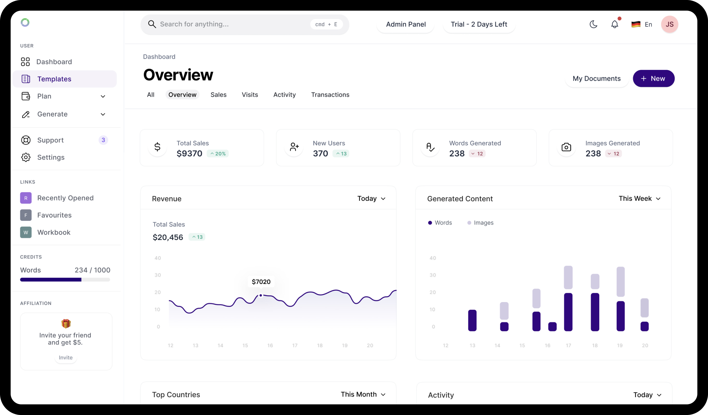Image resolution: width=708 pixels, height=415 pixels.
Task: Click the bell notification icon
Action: (615, 24)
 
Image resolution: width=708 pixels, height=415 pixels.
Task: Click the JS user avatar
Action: (669, 24)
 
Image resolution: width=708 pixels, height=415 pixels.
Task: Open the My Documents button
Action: (596, 79)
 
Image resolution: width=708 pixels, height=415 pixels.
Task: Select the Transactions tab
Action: (330, 95)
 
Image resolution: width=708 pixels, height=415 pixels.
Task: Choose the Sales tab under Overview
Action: (218, 95)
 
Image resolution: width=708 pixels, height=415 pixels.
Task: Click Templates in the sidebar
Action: (54, 79)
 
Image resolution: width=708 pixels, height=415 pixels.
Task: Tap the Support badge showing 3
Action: (103, 140)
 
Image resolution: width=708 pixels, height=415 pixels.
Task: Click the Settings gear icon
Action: (26, 157)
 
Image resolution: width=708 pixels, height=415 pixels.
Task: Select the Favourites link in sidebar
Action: (54, 215)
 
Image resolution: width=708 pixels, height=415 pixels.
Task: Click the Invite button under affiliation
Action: (65, 357)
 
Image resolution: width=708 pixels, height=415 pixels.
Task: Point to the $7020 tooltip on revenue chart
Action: (261, 282)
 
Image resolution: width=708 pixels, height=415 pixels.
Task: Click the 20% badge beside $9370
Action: (218, 154)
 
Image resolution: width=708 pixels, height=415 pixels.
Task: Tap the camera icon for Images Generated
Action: (566, 147)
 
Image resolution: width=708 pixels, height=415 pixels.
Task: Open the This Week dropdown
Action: (639, 199)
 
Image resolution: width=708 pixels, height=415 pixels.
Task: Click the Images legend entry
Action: (480, 223)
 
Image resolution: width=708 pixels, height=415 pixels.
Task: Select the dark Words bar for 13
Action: (472, 320)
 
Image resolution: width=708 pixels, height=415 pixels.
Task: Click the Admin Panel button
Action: (406, 24)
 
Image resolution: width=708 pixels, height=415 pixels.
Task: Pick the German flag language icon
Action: (636, 24)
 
